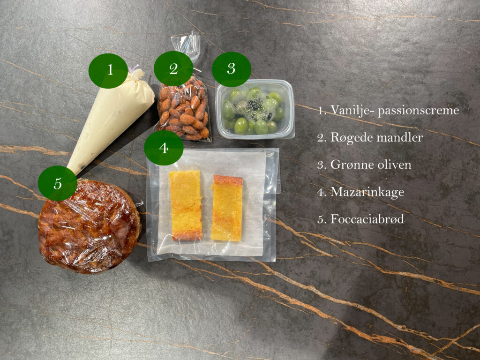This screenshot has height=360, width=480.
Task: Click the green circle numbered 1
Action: pos(108,71)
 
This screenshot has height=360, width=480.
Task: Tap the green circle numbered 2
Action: pos(173,68)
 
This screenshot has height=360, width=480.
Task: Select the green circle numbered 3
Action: pos(232,69)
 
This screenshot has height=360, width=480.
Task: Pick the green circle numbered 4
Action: pos(164,148)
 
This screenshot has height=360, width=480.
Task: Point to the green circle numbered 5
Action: pos(58,183)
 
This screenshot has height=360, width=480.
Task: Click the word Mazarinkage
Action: pos(367,193)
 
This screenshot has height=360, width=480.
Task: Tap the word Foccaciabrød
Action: pos(367,219)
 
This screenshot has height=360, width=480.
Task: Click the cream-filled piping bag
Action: pos(112,118)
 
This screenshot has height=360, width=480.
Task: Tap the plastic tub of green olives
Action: pos(255,109)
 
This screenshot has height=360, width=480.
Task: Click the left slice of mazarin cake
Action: pos(186,205)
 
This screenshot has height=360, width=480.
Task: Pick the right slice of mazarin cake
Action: pos(227,208)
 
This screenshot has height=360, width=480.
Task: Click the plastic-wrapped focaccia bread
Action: pos(90,226)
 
